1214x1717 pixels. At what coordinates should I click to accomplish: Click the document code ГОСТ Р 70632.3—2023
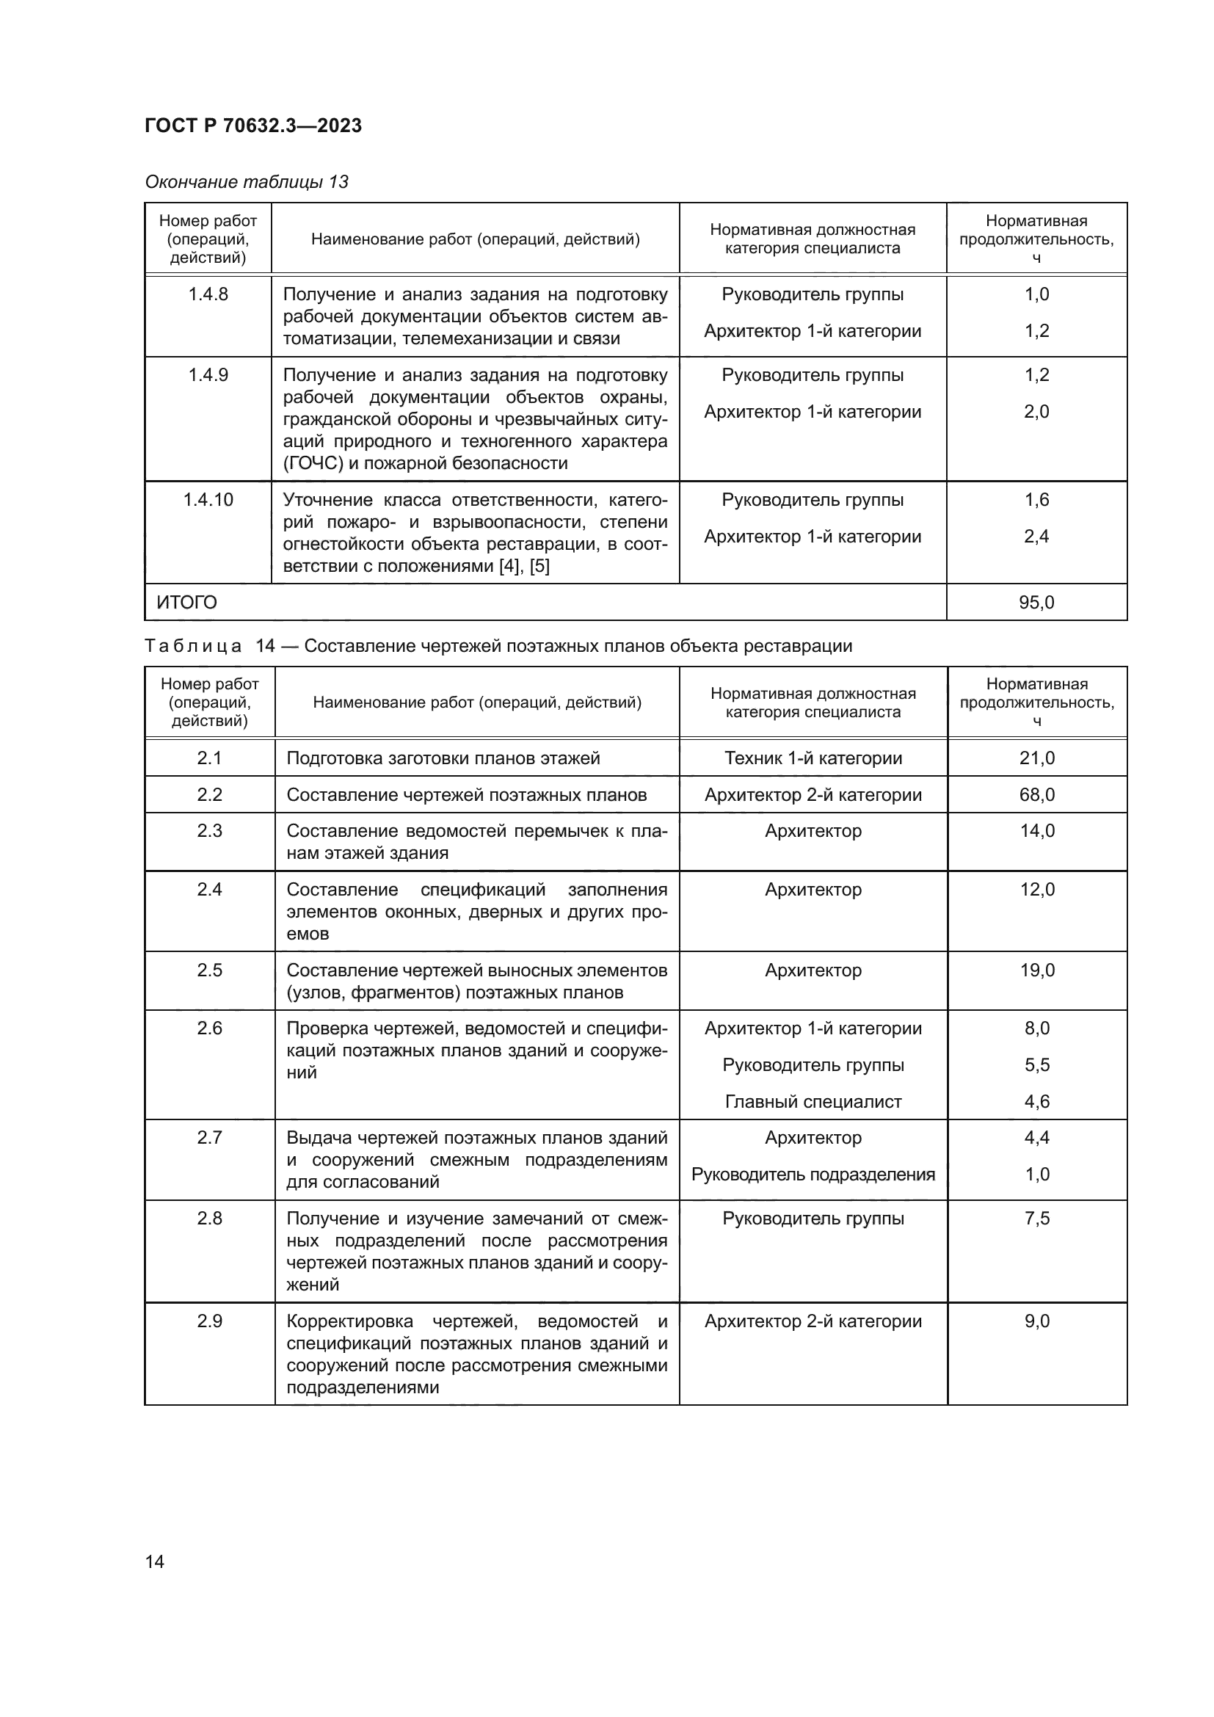click(252, 126)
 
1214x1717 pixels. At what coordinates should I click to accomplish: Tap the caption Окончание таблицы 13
click(247, 182)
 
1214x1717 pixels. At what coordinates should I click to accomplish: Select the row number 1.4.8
click(208, 294)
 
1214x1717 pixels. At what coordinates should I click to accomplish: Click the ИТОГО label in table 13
click(187, 603)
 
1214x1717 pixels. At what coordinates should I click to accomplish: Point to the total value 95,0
click(1036, 603)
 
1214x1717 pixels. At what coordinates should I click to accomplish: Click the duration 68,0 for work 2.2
click(1037, 795)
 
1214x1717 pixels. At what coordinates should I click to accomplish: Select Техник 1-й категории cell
click(813, 758)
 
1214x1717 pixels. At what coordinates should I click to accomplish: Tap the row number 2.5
click(209, 970)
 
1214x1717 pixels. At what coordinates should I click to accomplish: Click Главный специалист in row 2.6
click(813, 1102)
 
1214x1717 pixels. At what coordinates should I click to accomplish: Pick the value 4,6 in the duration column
click(1037, 1102)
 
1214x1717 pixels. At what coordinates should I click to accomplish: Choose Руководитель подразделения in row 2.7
click(813, 1175)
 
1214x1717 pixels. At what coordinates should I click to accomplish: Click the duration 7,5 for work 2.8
click(1037, 1219)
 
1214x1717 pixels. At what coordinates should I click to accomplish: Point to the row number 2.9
click(209, 1321)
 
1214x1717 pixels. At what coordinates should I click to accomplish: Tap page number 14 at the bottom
click(155, 1562)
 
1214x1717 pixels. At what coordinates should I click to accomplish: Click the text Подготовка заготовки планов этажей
click(443, 758)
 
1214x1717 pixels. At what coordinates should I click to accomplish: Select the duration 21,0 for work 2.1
click(1037, 758)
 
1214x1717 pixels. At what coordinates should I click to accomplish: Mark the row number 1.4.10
click(208, 501)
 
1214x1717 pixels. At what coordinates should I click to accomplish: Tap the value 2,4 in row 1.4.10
click(1036, 537)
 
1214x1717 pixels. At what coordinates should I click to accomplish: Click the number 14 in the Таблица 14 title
click(266, 646)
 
